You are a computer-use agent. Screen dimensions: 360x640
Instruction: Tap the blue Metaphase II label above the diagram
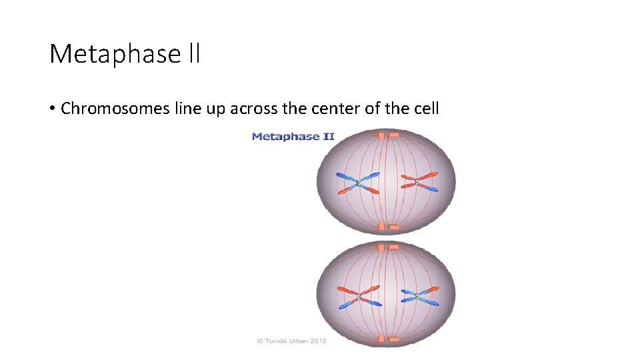293,137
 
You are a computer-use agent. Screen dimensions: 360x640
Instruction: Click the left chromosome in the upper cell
358,183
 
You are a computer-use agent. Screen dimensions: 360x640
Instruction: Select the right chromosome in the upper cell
417,181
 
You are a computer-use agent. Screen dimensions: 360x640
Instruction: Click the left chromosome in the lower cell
358,296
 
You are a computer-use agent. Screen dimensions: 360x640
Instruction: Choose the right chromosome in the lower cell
417,296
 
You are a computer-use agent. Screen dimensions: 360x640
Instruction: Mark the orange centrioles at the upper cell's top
387,135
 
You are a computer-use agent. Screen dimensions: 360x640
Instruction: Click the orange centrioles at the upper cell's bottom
387,227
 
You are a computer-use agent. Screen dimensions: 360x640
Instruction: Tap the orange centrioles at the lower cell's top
387,247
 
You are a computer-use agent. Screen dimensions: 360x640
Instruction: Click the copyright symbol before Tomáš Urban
260,341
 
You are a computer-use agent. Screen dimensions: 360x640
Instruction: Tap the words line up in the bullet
199,109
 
